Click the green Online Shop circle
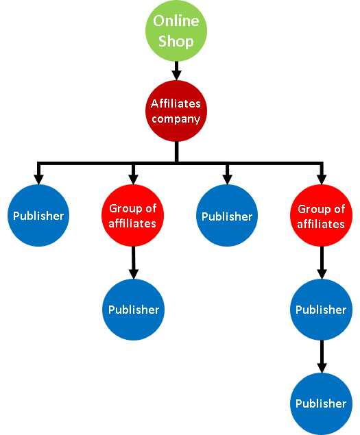point(176,31)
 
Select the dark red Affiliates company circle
point(176,111)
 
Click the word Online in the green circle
point(176,21)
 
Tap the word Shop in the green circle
point(176,41)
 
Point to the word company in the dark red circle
point(176,119)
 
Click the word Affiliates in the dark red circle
point(176,103)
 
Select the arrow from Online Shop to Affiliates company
point(176,71)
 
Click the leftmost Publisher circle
point(38,216)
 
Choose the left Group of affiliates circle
point(133,216)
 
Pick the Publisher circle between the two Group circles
point(227,216)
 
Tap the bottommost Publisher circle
point(322,404)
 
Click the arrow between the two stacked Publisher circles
point(322,356)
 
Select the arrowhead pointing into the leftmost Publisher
point(38,179)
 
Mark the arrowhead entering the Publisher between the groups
point(227,179)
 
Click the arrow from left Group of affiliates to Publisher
point(134,263)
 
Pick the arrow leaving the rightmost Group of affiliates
point(322,263)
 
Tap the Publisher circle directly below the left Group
point(134,310)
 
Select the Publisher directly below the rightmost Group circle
point(322,310)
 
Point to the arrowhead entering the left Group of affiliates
point(133,179)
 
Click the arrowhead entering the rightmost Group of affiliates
point(322,179)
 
